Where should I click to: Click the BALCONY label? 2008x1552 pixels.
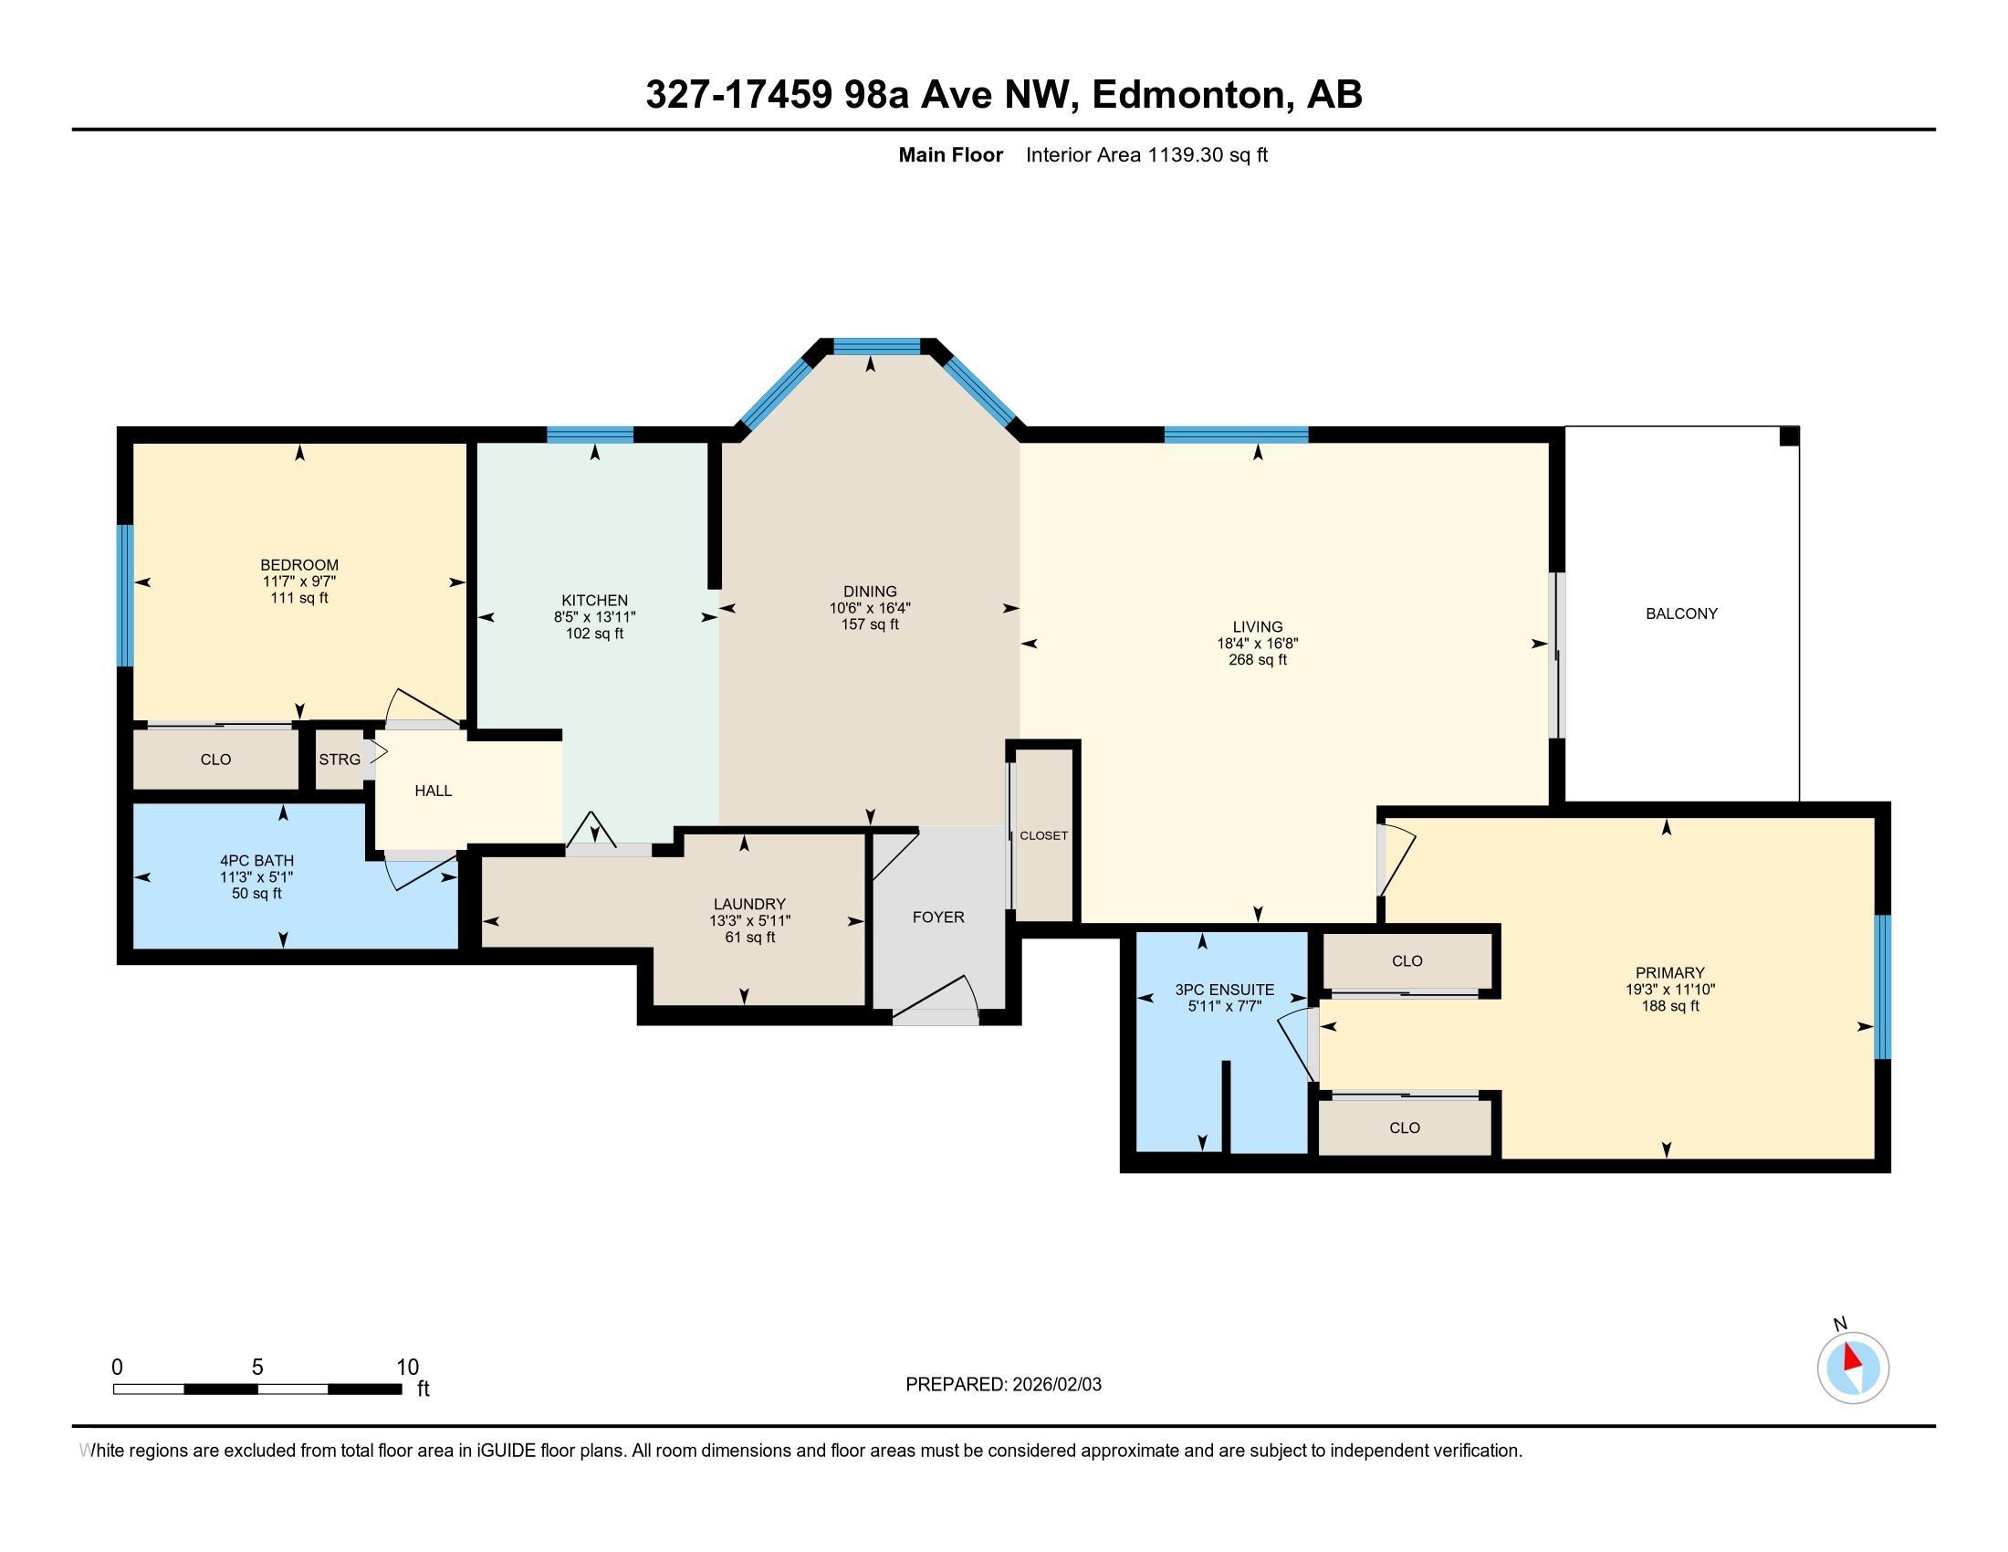point(1680,613)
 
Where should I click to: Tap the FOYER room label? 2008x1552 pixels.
point(937,917)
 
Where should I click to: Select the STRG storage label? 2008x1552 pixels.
point(340,760)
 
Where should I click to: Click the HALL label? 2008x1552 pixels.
point(433,791)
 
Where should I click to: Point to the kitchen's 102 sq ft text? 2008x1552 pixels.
point(594,634)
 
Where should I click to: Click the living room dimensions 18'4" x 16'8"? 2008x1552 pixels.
point(1257,644)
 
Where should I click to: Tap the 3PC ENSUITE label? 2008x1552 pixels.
point(1225,990)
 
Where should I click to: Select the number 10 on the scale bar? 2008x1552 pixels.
point(407,1368)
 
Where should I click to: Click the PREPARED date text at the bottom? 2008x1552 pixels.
point(1003,1385)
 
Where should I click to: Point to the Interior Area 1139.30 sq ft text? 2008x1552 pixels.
point(1146,155)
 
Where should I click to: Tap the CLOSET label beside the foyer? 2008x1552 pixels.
point(1043,835)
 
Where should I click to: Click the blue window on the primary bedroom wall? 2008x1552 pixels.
point(1882,987)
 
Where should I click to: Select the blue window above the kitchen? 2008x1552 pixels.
point(591,435)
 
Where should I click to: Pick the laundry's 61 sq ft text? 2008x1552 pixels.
point(749,938)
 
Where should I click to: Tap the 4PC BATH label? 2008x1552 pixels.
point(256,861)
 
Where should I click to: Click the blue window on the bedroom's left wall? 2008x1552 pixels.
point(125,595)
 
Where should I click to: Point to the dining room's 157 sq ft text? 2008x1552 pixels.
point(870,624)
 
